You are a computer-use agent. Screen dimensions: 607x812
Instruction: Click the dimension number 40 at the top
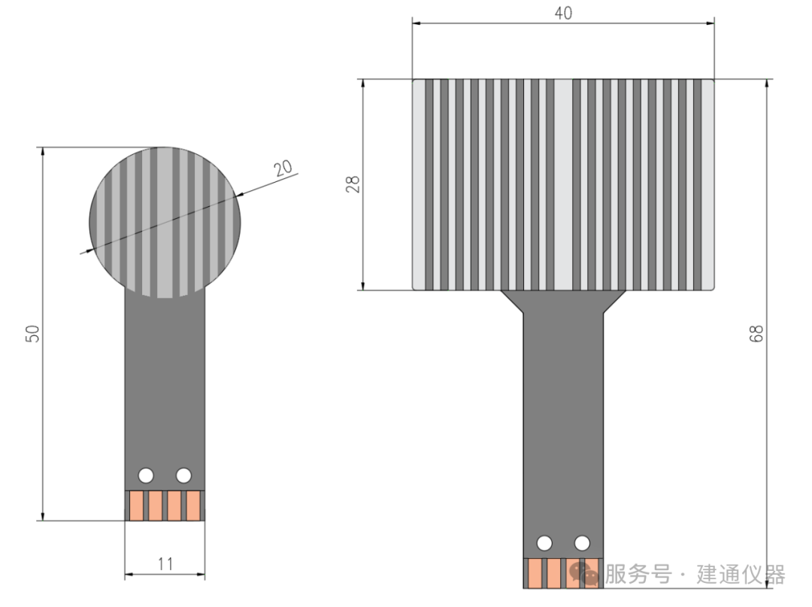click(x=563, y=14)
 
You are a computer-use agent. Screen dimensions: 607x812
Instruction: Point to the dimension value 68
click(x=757, y=333)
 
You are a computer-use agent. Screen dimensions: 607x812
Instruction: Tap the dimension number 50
click(x=32, y=334)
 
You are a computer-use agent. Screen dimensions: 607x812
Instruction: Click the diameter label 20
click(x=283, y=168)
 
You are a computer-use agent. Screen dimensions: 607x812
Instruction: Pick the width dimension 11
click(x=165, y=563)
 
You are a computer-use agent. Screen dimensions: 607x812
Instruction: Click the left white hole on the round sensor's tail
click(x=146, y=475)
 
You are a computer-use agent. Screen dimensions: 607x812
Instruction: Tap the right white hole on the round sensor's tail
click(x=183, y=475)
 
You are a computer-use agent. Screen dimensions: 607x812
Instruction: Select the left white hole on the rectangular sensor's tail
click(x=544, y=542)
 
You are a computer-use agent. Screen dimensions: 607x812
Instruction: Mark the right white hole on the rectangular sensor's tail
click(x=582, y=542)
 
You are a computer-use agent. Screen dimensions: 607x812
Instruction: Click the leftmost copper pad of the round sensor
click(x=136, y=505)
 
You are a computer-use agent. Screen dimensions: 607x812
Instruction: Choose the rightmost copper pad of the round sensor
click(x=193, y=505)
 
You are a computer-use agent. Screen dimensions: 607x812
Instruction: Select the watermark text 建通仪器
click(x=741, y=575)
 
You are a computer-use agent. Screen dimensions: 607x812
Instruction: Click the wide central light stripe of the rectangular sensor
click(x=563, y=184)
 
